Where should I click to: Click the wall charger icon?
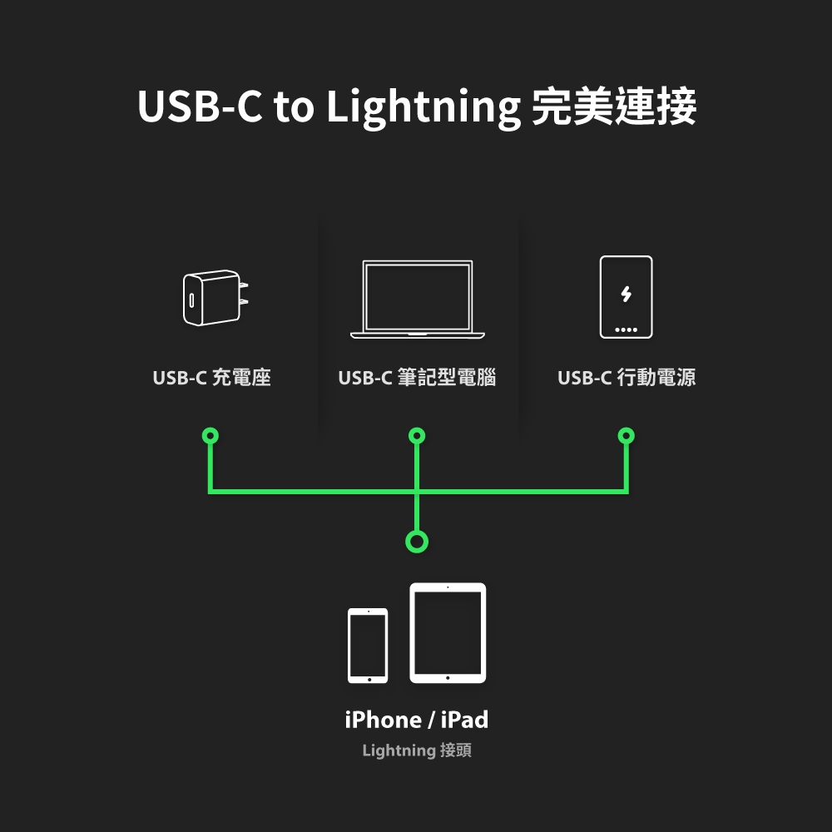(x=212, y=298)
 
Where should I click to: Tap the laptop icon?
(x=417, y=300)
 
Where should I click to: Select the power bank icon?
(x=626, y=297)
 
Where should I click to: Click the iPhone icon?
(x=368, y=646)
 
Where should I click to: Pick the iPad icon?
(x=448, y=633)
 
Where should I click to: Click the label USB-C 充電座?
(x=212, y=378)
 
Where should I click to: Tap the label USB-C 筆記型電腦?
(x=417, y=378)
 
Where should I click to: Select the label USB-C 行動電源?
(x=626, y=378)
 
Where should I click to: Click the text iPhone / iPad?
(x=417, y=720)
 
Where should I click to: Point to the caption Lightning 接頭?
(x=417, y=751)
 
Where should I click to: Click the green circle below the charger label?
(x=210, y=436)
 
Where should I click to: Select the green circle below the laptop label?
(x=417, y=436)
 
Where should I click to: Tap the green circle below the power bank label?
(x=626, y=436)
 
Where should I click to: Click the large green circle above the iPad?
(x=417, y=542)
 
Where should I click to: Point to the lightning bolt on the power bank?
(x=626, y=294)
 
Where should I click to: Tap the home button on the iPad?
(x=448, y=678)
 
